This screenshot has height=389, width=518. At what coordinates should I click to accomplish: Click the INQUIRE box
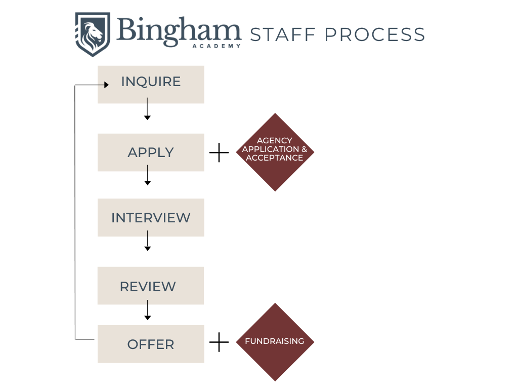[x=151, y=84]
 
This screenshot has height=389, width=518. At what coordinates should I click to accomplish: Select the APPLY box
[x=151, y=152]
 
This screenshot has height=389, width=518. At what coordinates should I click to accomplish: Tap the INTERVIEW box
[x=151, y=218]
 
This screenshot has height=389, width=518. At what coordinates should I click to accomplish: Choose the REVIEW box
[x=150, y=286]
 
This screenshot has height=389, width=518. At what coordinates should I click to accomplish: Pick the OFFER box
[x=151, y=344]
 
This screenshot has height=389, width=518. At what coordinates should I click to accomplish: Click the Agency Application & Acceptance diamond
[x=275, y=152]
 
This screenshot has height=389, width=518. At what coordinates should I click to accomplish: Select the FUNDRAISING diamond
[x=275, y=342]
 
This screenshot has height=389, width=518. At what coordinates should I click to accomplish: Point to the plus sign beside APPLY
[x=219, y=152]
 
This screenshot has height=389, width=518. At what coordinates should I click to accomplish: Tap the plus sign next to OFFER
[x=219, y=342]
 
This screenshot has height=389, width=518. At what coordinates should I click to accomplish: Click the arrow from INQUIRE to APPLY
[x=147, y=108]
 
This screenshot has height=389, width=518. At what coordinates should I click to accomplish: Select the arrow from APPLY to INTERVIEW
[x=147, y=176]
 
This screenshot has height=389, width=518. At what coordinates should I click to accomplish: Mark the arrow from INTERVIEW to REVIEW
[x=147, y=241]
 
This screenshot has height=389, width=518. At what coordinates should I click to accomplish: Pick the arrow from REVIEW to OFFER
[x=147, y=309]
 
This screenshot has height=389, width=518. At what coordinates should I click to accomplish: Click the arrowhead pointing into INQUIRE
[x=106, y=85]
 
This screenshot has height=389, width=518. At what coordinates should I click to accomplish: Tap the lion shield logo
[x=93, y=34]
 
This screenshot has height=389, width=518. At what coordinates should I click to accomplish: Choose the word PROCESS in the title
[x=374, y=34]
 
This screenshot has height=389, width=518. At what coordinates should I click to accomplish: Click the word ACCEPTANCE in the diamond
[x=275, y=158]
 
